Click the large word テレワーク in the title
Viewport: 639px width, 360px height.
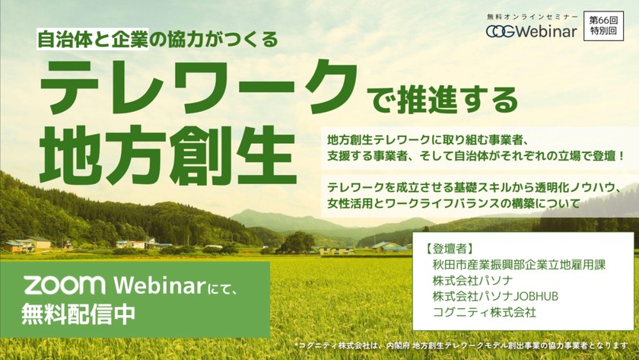pos(199,88)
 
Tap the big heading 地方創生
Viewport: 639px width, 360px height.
pos(167,156)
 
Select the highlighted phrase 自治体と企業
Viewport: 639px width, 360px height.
pos(93,39)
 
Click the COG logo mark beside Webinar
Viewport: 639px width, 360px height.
pos(500,31)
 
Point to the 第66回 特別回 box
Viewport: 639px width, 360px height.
pos(603,26)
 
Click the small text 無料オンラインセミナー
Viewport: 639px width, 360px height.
pos(532,17)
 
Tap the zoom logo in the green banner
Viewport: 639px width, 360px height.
pos(65,285)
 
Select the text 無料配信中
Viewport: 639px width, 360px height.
pos(78,314)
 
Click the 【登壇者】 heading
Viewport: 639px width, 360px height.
pos(448,248)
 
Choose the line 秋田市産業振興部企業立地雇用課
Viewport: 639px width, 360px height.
pos(519,265)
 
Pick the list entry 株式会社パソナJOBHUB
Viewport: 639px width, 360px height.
pos(495,296)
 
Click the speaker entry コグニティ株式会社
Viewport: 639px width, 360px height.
pos(484,312)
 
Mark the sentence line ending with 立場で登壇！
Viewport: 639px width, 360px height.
pos(476,156)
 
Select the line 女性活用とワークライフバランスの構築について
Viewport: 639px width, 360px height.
pos(453,202)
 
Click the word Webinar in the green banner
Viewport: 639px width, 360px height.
pos(159,285)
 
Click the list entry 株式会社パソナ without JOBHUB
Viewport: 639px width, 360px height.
pos(472,281)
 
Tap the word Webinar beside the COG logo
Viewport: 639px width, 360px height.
pos(546,31)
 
